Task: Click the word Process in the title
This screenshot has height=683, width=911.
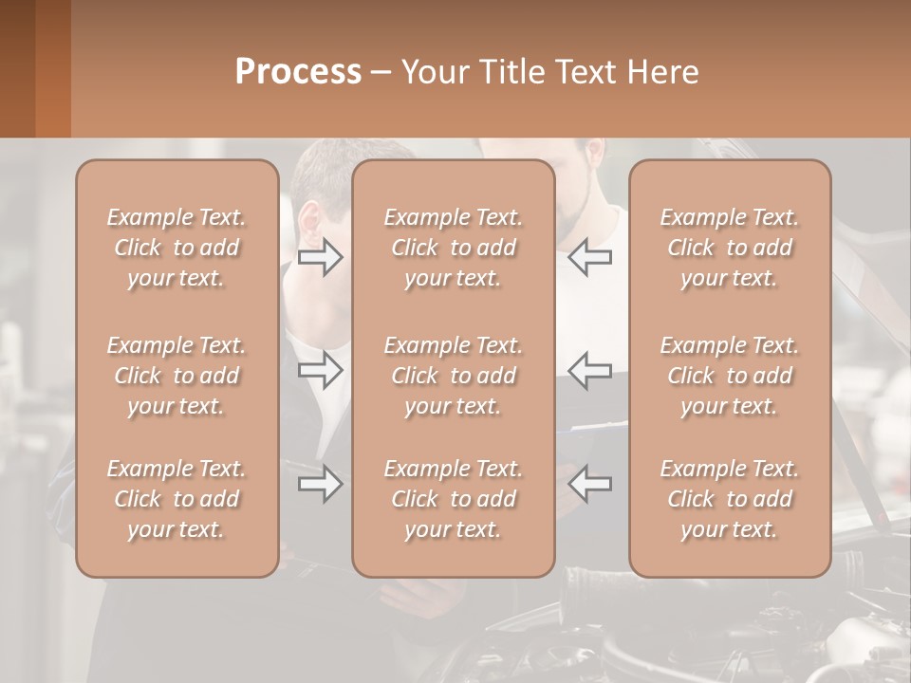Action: [298, 71]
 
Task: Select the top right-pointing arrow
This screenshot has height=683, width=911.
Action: [321, 257]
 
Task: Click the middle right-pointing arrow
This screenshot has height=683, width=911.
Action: [321, 370]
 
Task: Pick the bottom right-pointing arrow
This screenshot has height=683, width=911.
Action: [321, 485]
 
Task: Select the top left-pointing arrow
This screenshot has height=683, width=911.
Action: [590, 257]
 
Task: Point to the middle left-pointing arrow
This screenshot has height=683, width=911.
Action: [590, 370]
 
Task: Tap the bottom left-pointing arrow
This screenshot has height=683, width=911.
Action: [590, 485]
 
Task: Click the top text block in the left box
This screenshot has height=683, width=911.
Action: [177, 248]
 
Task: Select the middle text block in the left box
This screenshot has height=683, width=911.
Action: [177, 376]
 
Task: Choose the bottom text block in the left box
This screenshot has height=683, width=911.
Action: [177, 499]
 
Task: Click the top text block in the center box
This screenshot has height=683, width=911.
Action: [454, 248]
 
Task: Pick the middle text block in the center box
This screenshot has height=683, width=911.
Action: [454, 376]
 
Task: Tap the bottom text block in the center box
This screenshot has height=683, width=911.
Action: [454, 499]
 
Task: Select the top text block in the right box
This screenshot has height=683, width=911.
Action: [730, 248]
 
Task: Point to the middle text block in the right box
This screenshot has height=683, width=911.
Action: [730, 376]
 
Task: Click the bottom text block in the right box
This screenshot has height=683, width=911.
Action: [730, 499]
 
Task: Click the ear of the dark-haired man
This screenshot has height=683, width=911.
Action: [309, 223]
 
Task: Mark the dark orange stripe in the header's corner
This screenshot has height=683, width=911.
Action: [52, 68]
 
